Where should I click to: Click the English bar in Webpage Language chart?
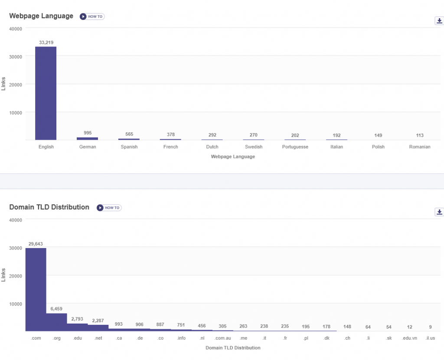(46, 93)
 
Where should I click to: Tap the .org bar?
(57, 322)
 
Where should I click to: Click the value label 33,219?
(46, 43)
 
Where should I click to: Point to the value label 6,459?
(57, 309)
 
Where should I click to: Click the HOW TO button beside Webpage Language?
(92, 16)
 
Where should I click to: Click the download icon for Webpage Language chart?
(439, 21)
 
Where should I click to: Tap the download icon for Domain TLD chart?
(439, 212)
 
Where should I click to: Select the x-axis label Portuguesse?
(295, 147)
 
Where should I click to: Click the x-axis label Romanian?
(420, 147)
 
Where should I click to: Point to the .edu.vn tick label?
(409, 338)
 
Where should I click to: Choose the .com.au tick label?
(223, 338)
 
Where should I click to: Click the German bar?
(88, 138)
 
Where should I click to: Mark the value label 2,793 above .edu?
(78, 319)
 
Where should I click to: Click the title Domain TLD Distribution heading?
(49, 207)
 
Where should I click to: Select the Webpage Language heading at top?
(41, 16)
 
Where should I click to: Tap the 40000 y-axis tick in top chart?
(16, 28)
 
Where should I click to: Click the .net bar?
(98, 328)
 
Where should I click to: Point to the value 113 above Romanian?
(420, 135)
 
